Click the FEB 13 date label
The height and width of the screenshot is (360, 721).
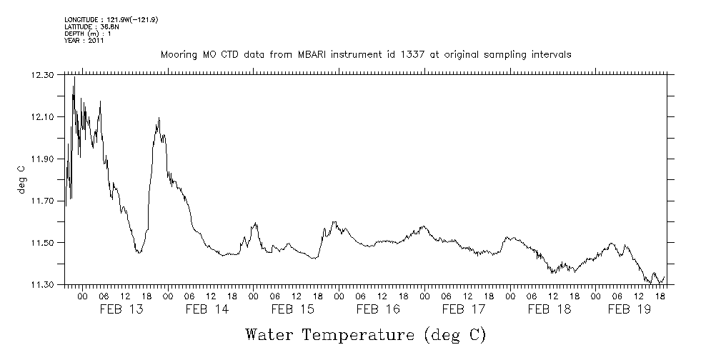point(121,309)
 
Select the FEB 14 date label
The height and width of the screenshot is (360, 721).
point(207,309)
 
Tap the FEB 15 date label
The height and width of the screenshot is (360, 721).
point(292,309)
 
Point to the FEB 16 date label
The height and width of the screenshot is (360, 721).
point(378,309)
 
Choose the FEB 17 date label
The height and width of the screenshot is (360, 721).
point(464,309)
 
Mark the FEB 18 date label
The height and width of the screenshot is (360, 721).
point(550,309)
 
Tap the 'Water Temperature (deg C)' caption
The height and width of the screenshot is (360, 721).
point(365,334)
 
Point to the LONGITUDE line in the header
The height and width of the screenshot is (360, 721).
point(111,20)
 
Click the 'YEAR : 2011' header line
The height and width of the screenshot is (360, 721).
point(84,41)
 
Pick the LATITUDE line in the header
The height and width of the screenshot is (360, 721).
point(91,27)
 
